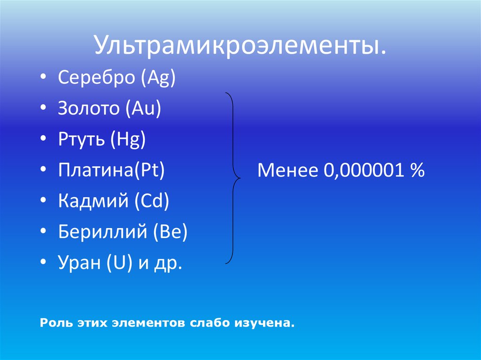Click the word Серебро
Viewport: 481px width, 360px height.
click(x=96, y=77)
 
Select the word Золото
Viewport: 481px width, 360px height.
click(x=88, y=108)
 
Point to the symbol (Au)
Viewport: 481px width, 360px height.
click(x=143, y=108)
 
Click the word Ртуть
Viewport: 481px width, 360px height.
click(x=81, y=140)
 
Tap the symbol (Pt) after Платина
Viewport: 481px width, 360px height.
click(x=150, y=170)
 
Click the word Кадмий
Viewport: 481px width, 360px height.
click(x=93, y=201)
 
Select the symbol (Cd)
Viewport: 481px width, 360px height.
click(x=152, y=201)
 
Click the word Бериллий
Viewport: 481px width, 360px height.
click(x=102, y=232)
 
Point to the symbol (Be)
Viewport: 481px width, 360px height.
click(x=170, y=232)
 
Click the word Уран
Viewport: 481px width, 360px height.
click(x=79, y=263)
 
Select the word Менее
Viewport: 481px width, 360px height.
click(x=287, y=170)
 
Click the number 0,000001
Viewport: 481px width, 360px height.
click(x=364, y=170)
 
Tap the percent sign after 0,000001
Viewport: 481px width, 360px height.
click(x=417, y=170)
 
